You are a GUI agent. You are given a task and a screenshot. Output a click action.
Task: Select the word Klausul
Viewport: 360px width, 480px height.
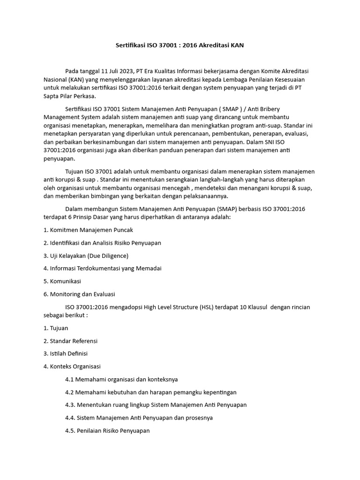click(269, 307)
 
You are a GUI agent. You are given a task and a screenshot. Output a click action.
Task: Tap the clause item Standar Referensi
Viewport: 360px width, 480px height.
click(73, 341)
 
